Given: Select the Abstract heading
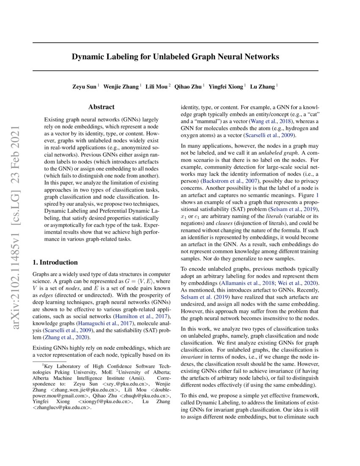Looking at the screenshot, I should pyautogui.click(x=101, y=108).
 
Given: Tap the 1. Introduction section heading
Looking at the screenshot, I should pyautogui.click(x=55, y=262).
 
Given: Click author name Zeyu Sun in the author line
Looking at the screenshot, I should pyautogui.click(x=85, y=87).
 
